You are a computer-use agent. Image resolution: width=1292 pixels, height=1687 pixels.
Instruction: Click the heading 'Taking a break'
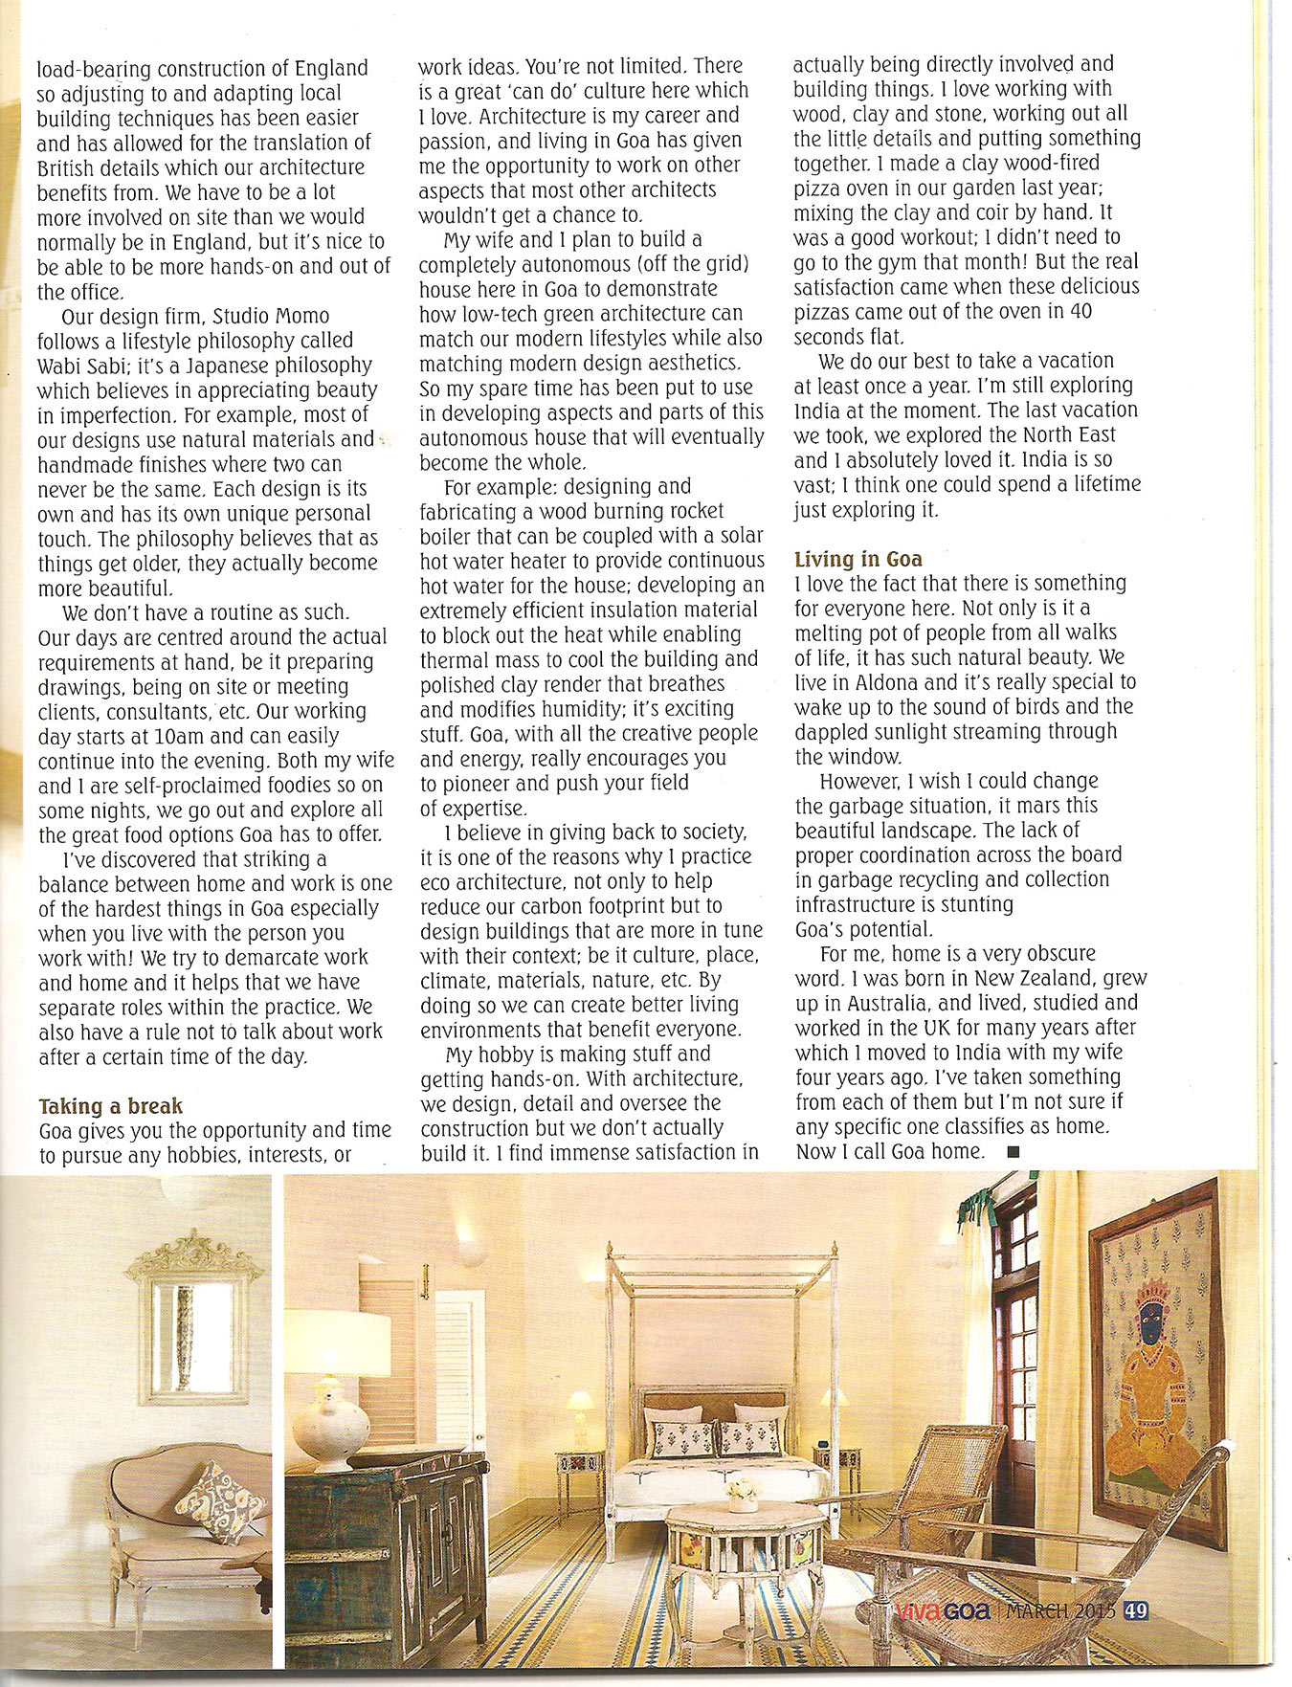[110, 1106]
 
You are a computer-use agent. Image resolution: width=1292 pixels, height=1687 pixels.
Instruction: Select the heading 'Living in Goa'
[858, 559]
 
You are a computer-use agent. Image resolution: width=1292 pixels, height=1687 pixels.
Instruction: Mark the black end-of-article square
[1014, 1152]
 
